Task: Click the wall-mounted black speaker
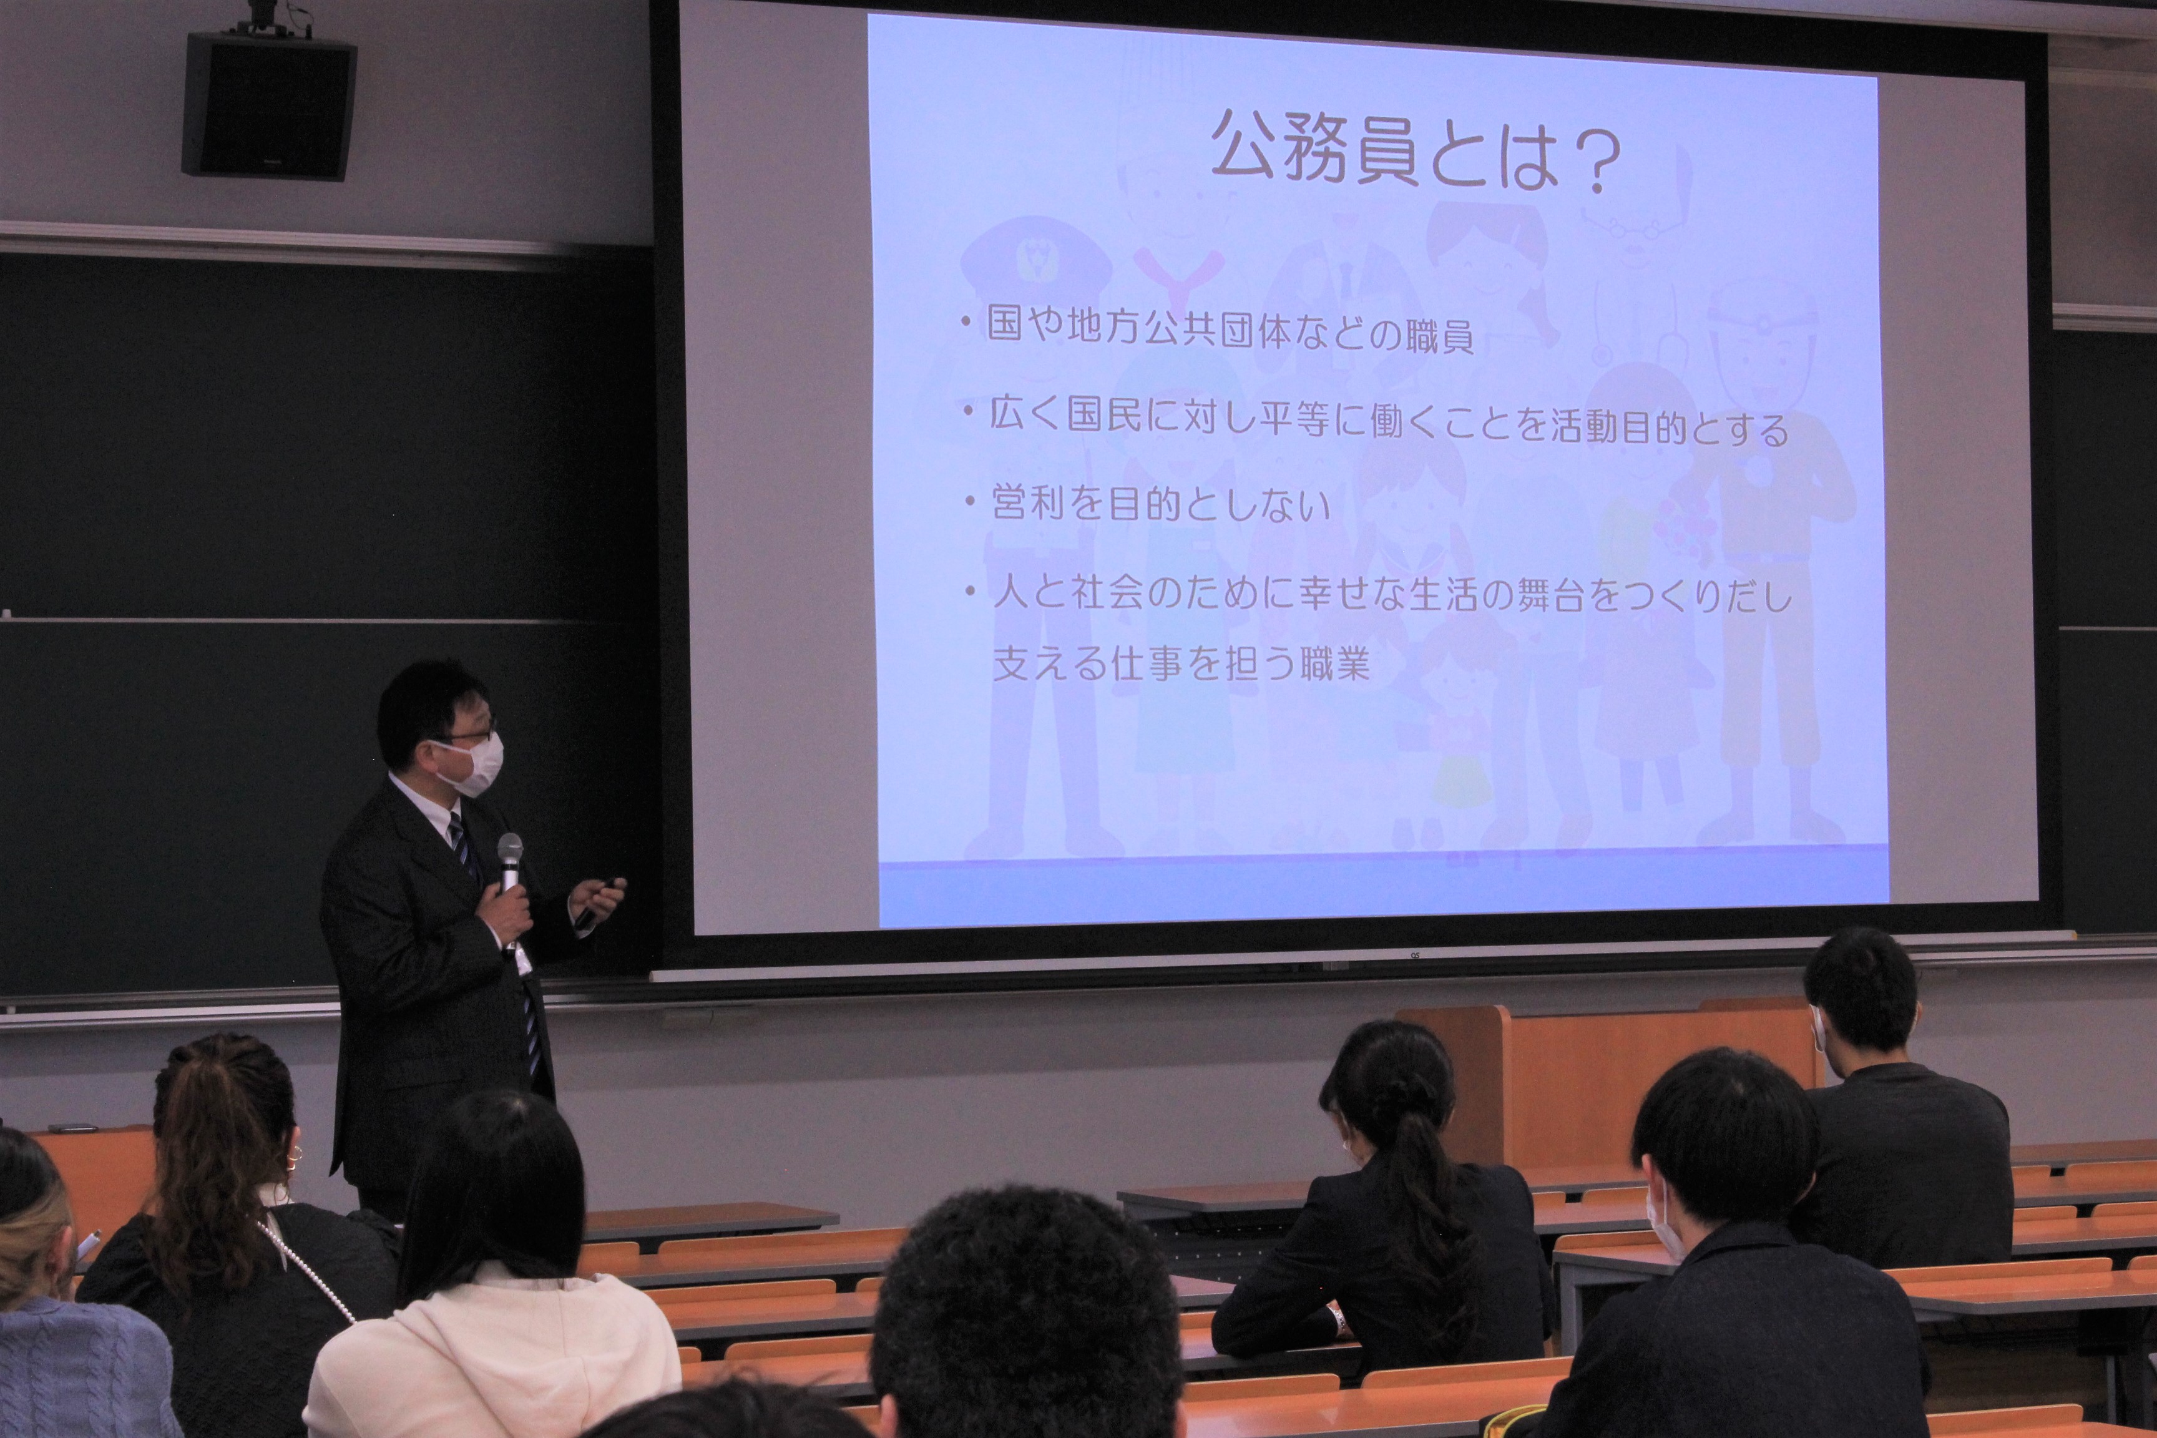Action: pyautogui.click(x=269, y=105)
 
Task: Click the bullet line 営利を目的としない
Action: pyautogui.click(x=1160, y=504)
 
